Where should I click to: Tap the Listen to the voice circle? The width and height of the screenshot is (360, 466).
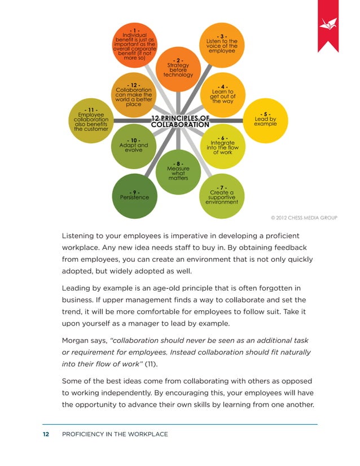221,46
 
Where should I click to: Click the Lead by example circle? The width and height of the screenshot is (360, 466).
265,120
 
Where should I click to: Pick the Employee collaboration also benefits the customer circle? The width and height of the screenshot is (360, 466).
91,120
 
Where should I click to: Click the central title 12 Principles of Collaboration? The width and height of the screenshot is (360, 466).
181,121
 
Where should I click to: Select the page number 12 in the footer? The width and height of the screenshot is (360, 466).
46,434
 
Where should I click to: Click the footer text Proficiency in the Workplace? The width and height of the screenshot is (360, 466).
115,434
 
